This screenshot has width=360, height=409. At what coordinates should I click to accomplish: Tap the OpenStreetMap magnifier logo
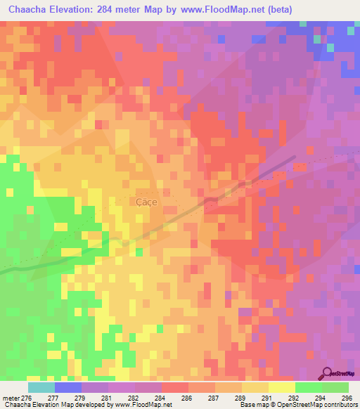coord(326,373)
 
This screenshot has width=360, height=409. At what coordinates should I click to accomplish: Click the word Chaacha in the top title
coord(31,9)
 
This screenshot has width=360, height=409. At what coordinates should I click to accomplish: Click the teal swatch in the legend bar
coord(41,387)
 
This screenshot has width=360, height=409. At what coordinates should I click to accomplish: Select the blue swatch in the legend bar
coord(67,387)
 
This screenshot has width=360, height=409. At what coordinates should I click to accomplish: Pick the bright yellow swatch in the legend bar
coord(281,387)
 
